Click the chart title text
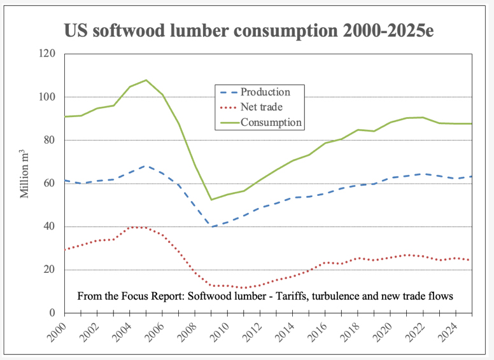[248, 31]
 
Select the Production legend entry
[265, 92]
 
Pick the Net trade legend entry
[262, 107]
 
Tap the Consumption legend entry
[271, 123]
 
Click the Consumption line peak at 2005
[146, 80]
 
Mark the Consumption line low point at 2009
[211, 200]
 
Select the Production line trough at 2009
[211, 227]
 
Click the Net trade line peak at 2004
[130, 227]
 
